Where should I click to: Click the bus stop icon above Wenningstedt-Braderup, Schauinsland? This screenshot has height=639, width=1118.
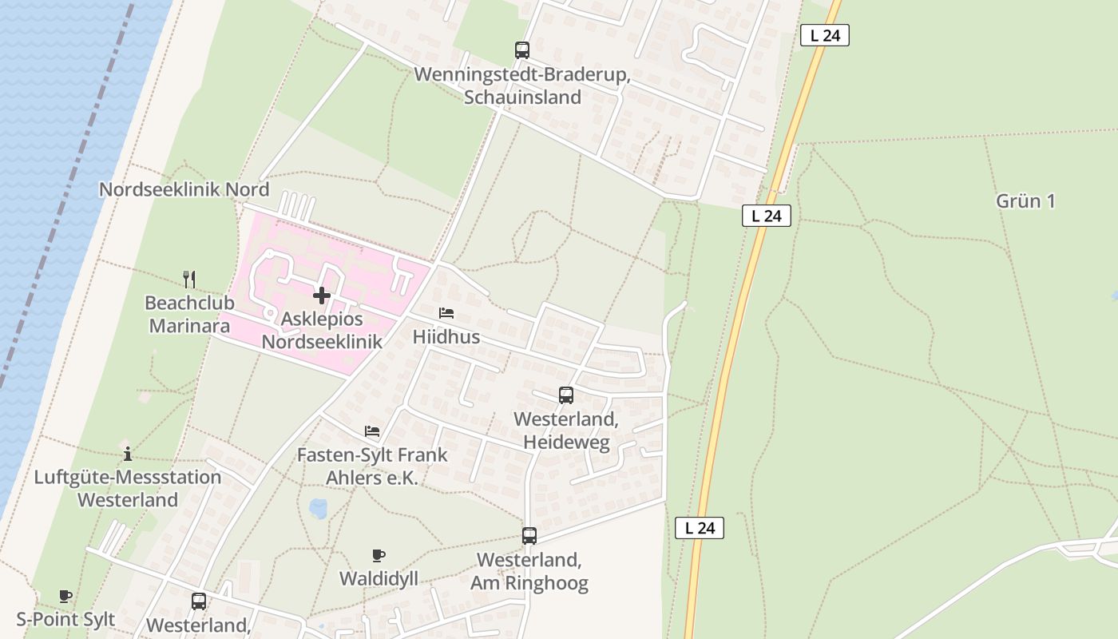[x=522, y=50]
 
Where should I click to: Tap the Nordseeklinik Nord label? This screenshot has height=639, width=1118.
[x=184, y=190]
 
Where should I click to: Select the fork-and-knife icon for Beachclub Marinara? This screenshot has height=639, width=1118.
[x=189, y=279]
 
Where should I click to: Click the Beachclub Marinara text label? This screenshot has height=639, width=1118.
[x=188, y=315]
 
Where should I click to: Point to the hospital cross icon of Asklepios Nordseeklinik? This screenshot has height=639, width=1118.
[x=322, y=296]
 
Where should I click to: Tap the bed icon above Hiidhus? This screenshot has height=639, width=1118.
[x=446, y=313]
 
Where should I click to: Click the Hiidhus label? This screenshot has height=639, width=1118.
[x=446, y=337]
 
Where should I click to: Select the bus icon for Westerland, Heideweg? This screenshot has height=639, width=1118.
[x=566, y=395]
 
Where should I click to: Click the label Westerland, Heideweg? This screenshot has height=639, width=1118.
[x=566, y=431]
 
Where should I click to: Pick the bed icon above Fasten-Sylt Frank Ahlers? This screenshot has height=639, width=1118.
[x=372, y=431]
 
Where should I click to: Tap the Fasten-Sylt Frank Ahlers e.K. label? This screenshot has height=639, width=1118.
[x=372, y=466]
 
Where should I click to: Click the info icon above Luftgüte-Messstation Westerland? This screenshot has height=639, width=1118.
[x=128, y=454]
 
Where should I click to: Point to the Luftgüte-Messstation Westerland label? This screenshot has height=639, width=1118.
[x=128, y=489]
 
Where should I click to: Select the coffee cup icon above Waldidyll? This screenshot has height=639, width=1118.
[x=379, y=555]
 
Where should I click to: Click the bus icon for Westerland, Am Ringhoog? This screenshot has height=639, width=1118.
[x=529, y=536]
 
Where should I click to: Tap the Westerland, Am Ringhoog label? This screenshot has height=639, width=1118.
[x=529, y=571]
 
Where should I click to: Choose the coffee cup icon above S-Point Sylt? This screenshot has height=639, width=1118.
[x=65, y=596]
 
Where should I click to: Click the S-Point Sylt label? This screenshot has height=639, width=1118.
[x=65, y=620]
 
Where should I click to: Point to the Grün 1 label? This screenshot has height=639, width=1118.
[x=1025, y=201]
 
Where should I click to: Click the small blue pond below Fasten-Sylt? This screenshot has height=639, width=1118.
[x=318, y=508]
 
